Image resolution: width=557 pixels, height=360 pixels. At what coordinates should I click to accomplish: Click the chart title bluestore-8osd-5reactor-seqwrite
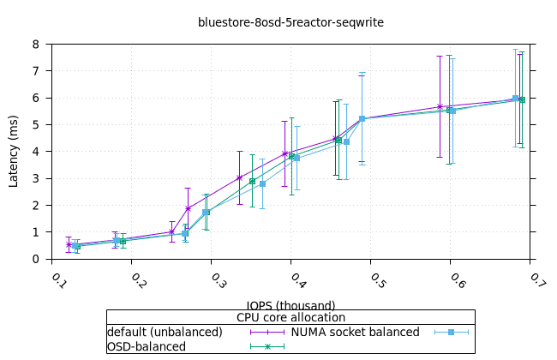click(290, 22)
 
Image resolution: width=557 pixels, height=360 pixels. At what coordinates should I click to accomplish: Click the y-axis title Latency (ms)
click(13, 151)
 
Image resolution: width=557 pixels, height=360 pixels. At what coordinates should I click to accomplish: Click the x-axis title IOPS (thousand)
click(290, 303)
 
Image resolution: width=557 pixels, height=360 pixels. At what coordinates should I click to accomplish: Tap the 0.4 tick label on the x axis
click(298, 280)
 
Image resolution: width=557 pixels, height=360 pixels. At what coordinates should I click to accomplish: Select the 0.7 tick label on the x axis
click(537, 280)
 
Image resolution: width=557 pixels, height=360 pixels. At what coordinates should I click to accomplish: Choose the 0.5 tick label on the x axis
click(378, 280)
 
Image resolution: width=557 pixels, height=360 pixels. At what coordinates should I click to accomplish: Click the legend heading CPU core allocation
click(290, 317)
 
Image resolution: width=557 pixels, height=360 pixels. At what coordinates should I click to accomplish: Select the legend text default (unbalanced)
click(165, 332)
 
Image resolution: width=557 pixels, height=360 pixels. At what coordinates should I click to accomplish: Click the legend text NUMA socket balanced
click(355, 332)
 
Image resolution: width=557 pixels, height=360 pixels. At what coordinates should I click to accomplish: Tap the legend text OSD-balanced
click(147, 346)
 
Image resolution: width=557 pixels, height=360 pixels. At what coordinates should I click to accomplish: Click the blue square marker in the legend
click(452, 332)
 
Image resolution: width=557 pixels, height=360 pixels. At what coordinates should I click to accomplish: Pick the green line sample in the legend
click(267, 346)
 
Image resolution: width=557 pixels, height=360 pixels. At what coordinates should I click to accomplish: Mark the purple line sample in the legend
click(267, 332)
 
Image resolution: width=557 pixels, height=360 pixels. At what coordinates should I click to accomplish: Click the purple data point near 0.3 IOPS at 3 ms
click(240, 177)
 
